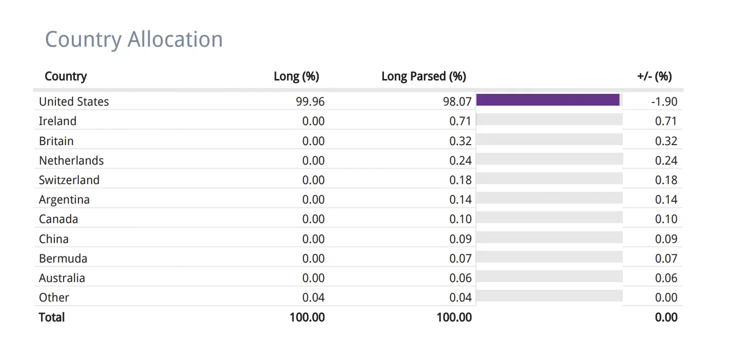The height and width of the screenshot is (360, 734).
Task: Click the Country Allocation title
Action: [x=134, y=40]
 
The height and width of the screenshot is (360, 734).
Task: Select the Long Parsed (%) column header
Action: [x=424, y=76]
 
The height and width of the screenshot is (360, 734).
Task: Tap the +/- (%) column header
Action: [x=655, y=76]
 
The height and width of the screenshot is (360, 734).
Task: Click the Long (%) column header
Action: [x=297, y=76]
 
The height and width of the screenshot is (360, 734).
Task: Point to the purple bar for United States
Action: [x=548, y=99]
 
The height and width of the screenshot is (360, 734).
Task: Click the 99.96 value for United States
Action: [x=310, y=102]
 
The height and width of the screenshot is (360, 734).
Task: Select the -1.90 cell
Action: [x=664, y=102]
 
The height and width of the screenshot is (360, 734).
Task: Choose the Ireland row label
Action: [x=58, y=121]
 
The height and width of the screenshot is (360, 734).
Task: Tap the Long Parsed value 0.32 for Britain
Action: [x=460, y=141]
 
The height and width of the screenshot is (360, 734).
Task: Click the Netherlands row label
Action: [x=71, y=161]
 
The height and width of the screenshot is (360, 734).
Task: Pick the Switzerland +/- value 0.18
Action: [x=666, y=180]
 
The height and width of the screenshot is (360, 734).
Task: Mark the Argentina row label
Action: [x=64, y=199]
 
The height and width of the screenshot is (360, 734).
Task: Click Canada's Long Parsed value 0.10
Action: [x=460, y=219]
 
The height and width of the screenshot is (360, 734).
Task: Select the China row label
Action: [x=54, y=239]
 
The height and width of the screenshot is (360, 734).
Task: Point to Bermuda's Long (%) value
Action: [x=313, y=258]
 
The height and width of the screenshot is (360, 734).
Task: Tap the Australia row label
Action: [x=62, y=278]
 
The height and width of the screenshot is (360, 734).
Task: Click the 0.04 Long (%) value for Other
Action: [x=313, y=297]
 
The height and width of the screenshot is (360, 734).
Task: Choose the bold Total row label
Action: [x=52, y=317]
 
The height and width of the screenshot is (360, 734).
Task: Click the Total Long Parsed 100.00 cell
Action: [x=454, y=317]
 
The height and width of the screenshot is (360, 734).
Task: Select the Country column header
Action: [x=66, y=76]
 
